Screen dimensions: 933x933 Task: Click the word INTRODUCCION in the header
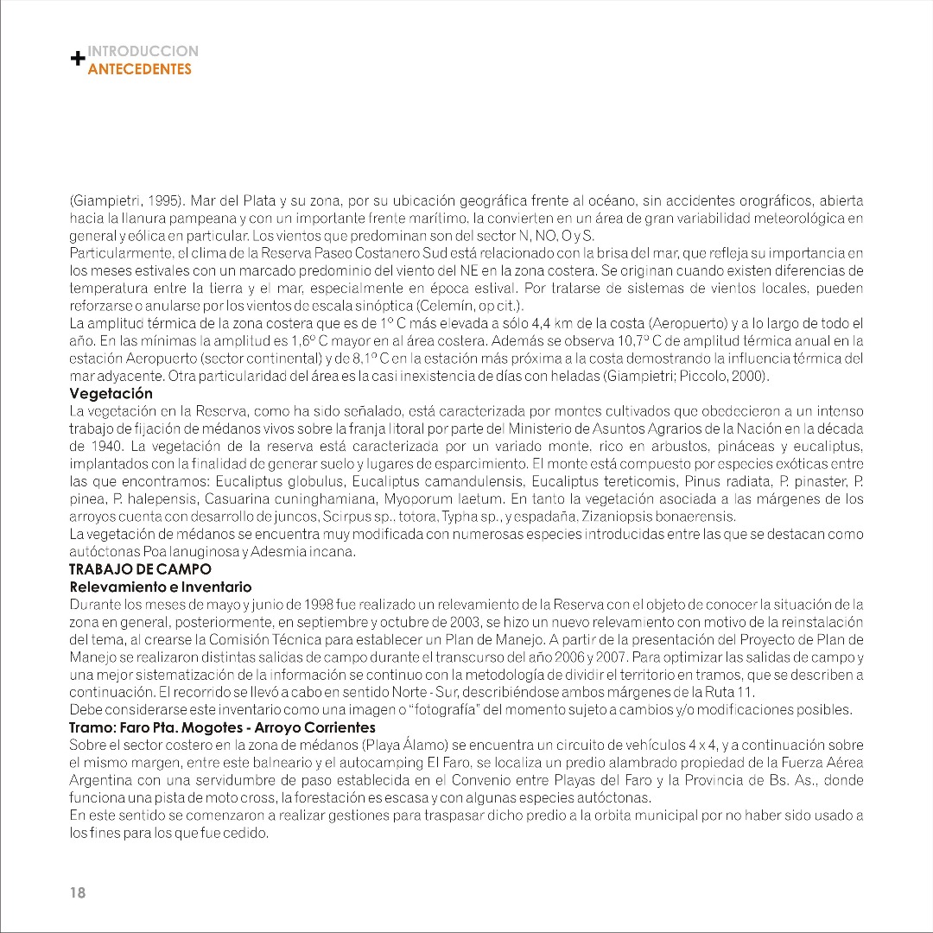point(143,52)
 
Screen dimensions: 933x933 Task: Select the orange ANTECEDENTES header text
point(140,69)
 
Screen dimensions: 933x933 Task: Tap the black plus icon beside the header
point(77,60)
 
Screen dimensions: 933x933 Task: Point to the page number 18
point(78,893)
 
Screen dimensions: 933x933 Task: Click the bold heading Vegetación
point(111,393)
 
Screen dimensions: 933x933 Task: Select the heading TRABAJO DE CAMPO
point(140,569)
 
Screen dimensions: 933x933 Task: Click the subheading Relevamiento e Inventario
point(160,587)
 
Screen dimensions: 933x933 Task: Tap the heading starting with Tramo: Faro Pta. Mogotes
point(222,727)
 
